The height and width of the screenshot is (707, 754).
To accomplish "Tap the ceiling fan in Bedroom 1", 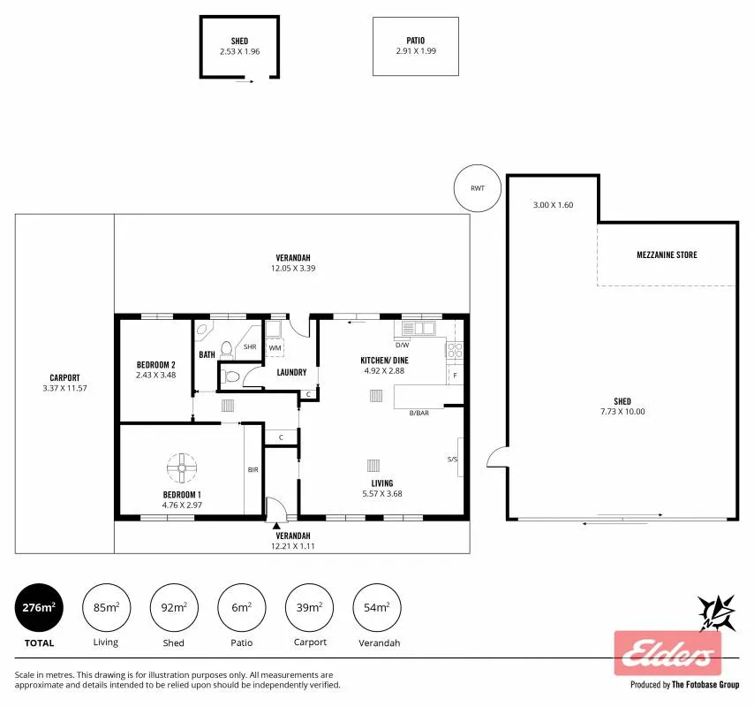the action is coord(182,468).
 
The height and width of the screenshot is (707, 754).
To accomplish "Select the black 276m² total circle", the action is coord(39,607).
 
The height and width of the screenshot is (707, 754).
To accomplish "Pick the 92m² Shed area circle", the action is coord(174,607).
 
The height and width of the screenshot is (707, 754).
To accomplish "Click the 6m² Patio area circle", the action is coord(241,607).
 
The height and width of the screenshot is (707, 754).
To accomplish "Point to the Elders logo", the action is coord(668,653).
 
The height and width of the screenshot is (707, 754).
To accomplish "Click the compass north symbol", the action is coord(717,612).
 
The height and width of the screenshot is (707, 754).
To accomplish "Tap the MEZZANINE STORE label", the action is coord(667,255).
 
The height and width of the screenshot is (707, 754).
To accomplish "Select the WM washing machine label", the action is coord(275,347).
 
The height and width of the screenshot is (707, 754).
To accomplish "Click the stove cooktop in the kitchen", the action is coord(455,350).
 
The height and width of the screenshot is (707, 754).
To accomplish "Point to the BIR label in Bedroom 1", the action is coord(253,470).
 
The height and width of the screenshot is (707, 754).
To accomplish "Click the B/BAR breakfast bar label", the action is coord(418,413).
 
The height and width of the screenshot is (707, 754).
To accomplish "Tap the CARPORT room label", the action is coord(64,378).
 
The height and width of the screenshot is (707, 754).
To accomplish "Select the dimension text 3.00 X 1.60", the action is coord(553,205).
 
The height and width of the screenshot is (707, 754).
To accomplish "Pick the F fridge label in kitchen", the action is coord(455,376).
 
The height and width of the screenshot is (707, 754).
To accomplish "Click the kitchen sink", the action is coord(418,329).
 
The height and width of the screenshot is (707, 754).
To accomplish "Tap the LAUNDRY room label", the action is coord(291,373).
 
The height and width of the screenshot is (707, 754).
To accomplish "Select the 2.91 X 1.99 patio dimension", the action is coord(416,51).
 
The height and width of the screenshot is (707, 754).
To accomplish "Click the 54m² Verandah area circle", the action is coord(376,607).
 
